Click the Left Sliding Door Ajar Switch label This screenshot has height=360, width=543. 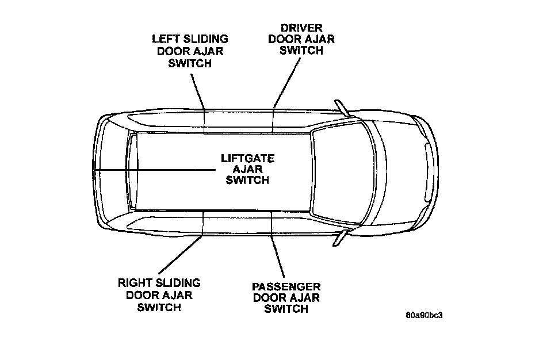coord(189,51)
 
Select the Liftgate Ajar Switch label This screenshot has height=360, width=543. coord(247,169)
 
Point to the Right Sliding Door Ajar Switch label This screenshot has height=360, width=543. coord(159,295)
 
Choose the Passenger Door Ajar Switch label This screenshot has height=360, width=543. coord(286,298)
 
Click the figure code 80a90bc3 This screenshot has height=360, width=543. coord(427,315)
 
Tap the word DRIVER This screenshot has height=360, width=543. coord(301,28)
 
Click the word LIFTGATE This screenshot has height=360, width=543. coord(247,158)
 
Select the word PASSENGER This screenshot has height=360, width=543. coord(286,286)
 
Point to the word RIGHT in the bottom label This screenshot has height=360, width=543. coord(135,284)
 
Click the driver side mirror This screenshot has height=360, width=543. coord(343,108)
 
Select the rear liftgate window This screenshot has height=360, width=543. coord(133,171)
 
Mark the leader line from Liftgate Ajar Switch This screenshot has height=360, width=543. coord(155,169)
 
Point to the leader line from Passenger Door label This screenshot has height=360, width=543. coord(277,247)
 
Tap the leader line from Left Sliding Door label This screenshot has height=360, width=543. coord(199,92)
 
